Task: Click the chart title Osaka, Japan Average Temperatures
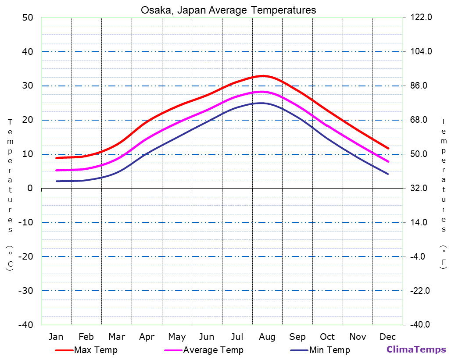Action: [228, 10]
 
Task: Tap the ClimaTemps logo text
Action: [416, 349]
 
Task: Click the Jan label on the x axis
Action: [56, 337]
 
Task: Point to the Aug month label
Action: [267, 337]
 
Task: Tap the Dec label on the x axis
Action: [388, 337]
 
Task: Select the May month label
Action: [177, 337]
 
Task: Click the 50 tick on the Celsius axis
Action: [28, 18]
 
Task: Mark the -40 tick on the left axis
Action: [25, 325]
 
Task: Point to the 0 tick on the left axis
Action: [30, 188]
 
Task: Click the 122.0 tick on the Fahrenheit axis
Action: [421, 18]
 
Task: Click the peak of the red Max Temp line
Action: [262, 76]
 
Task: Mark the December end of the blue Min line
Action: [388, 174]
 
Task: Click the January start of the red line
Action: [57, 158]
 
